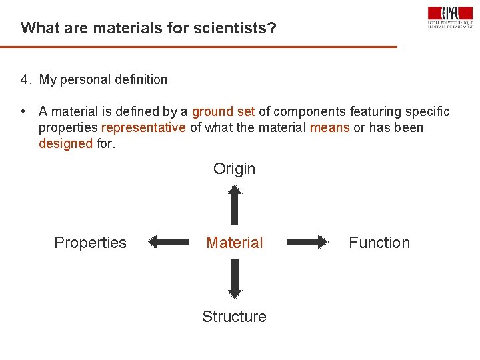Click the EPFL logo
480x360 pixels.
tap(450, 17)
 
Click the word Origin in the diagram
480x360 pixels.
tap(234, 169)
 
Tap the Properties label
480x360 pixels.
tap(90, 243)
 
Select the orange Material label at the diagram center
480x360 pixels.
tap(235, 243)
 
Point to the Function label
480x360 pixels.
tap(379, 243)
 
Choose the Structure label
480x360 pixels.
tap(234, 317)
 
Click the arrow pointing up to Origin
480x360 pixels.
tap(234, 205)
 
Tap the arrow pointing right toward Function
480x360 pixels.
tap(308, 242)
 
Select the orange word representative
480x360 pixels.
tap(143, 127)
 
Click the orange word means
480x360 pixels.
tap(330, 127)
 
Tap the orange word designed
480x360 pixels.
tap(65, 143)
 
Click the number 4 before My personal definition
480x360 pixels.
tap(24, 80)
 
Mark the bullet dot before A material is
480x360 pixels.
tap(23, 111)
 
